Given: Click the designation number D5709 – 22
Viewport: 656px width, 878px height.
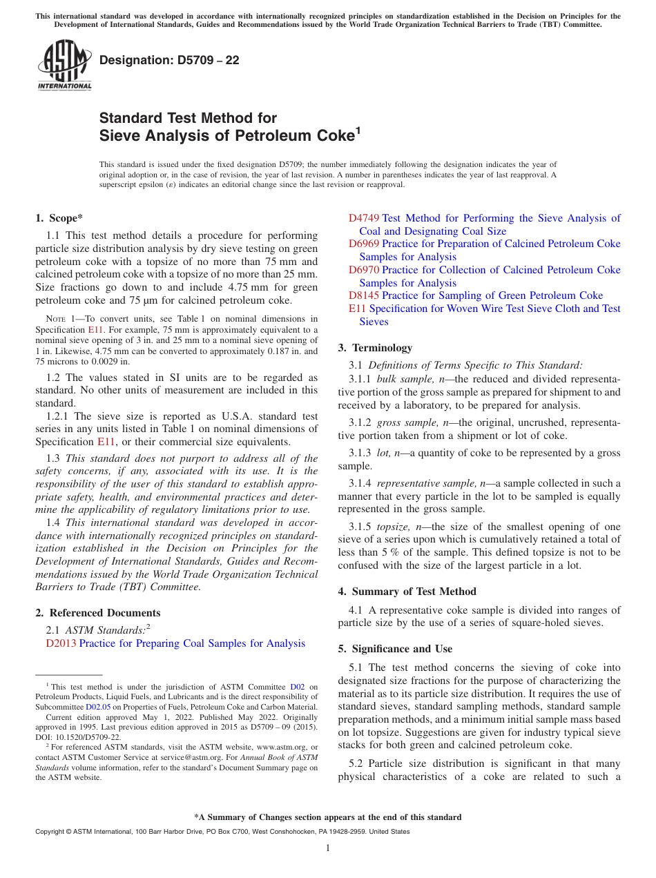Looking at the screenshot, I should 169,60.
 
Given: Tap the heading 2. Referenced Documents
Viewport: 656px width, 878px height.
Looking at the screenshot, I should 97,613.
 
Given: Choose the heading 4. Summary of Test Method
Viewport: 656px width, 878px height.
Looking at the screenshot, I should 407,592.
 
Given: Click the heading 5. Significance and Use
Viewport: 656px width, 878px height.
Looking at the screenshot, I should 395,649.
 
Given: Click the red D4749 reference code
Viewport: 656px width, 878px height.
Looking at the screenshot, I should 364,218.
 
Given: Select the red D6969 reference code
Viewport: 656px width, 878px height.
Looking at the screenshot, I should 364,244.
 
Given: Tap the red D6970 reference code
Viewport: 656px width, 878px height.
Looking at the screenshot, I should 364,270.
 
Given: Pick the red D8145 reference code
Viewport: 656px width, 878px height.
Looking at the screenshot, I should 364,295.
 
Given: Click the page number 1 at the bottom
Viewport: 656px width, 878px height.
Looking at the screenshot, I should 328,848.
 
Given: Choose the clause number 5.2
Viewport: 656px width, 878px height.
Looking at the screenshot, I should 356,763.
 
